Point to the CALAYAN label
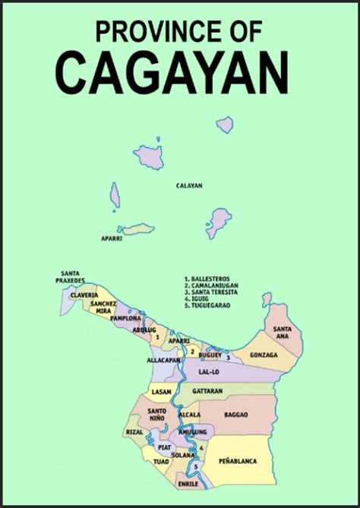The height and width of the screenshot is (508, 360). (189, 185)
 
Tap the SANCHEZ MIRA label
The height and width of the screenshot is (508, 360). (103, 308)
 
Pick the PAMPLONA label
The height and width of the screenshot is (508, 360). (125, 319)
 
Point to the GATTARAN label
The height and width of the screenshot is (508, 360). (207, 391)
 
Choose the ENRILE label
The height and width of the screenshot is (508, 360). (188, 483)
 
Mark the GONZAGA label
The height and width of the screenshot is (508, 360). (263, 355)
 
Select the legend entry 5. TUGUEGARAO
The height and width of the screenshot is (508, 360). (207, 305)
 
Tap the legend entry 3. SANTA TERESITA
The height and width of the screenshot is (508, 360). (211, 292)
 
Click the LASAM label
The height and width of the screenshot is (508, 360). (161, 392)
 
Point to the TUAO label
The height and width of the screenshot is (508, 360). (161, 462)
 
